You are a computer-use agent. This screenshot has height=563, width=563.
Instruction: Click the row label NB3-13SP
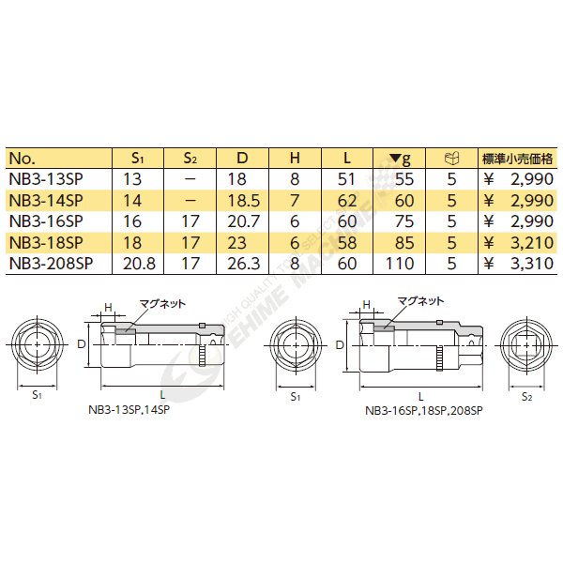pos(46,179)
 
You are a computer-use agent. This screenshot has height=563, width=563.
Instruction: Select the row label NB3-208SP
pos(51,264)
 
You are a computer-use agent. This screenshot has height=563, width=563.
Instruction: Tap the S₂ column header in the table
pos(190,158)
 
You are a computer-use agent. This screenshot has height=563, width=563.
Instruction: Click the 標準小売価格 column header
pos(517,159)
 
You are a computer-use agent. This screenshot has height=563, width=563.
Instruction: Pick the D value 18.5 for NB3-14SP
pos(244,201)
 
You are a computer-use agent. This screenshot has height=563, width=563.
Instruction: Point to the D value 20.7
pos(243,221)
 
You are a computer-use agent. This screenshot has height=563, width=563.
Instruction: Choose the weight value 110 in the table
pos(400,264)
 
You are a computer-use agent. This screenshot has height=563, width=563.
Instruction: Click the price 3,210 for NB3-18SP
pos(532,243)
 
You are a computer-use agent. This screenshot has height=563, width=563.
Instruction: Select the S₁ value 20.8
pos(139,264)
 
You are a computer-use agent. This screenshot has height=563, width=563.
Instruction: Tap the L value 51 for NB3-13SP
pos(346,179)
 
